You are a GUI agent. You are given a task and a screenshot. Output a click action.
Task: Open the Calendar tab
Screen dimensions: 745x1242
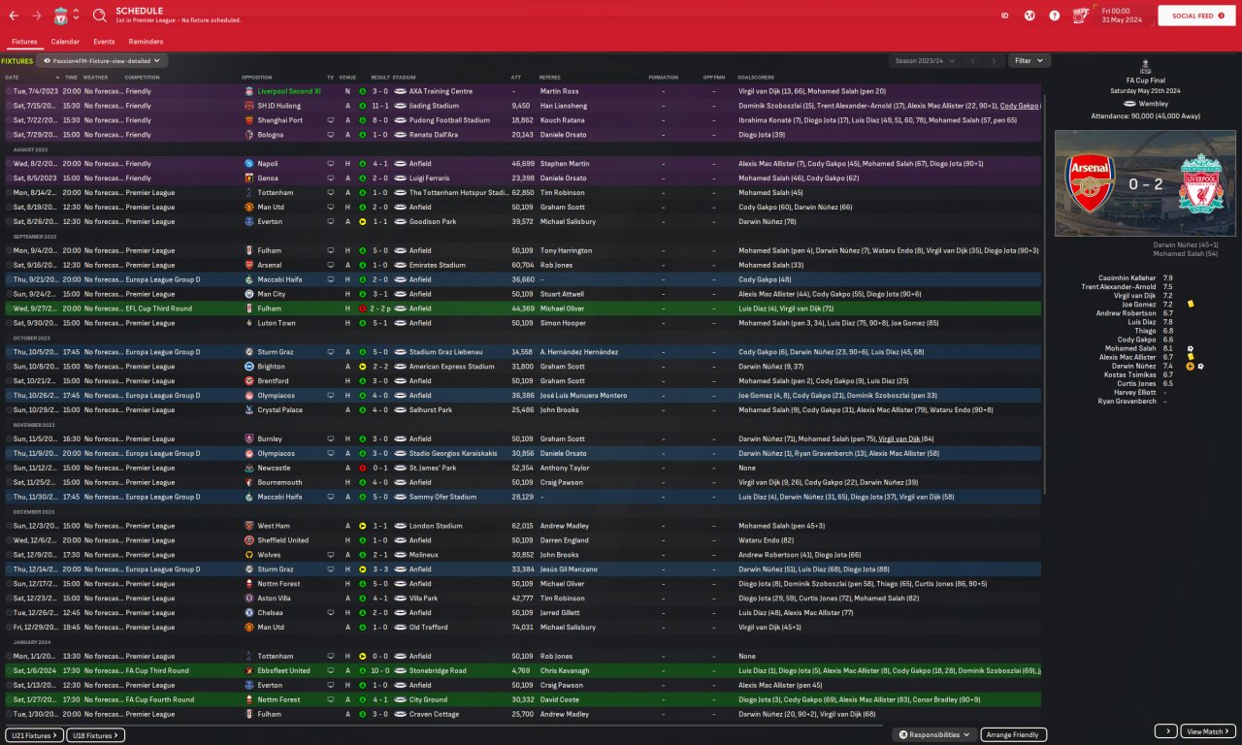(x=65, y=42)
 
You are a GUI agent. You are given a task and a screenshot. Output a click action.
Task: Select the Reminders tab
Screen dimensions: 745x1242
(x=146, y=42)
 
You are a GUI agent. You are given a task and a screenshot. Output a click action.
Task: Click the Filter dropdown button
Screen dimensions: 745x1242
(x=1029, y=60)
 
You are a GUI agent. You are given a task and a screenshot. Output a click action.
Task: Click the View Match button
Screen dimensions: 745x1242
(x=1209, y=731)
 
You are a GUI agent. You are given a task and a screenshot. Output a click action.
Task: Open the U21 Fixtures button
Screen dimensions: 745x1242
(x=35, y=735)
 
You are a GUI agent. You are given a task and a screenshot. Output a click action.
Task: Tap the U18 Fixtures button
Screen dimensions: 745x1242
(x=96, y=735)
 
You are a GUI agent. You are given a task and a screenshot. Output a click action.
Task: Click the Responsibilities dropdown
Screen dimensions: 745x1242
(x=934, y=735)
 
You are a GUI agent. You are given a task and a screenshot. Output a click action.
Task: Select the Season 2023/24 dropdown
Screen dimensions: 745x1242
(x=923, y=60)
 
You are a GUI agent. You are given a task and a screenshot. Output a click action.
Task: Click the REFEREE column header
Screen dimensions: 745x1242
(x=550, y=77)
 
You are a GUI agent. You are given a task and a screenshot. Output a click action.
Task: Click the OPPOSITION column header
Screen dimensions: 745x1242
(x=257, y=77)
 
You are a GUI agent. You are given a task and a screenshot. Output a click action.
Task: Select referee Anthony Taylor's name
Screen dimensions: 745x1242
(x=565, y=468)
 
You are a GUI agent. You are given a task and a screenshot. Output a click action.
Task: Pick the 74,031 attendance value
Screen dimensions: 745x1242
(x=522, y=627)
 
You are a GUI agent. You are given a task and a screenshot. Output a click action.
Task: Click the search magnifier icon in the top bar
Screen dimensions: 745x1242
(x=100, y=16)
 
